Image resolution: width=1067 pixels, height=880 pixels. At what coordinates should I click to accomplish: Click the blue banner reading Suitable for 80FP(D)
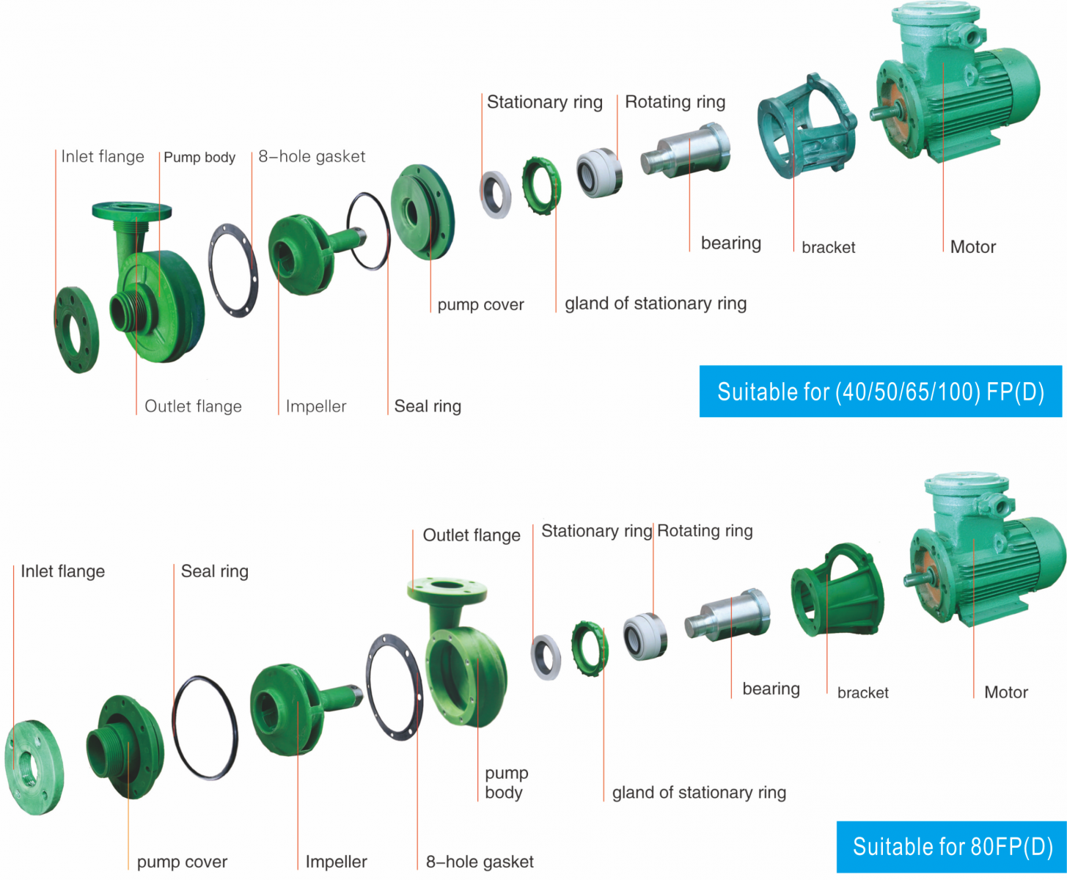click(x=951, y=847)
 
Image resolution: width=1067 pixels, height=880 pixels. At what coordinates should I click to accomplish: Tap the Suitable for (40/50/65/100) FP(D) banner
click(x=880, y=392)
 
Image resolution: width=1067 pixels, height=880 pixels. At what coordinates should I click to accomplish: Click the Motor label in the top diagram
click(x=972, y=247)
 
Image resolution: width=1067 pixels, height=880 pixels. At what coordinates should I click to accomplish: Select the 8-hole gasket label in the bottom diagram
click(x=480, y=862)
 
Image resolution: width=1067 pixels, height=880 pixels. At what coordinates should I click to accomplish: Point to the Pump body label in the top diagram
click(x=199, y=158)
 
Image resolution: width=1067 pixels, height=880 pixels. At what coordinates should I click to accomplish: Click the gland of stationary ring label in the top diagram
click(x=656, y=304)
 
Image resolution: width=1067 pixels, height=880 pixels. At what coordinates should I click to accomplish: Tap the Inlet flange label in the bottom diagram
click(x=62, y=571)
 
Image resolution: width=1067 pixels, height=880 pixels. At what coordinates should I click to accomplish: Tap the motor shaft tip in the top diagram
click(x=875, y=114)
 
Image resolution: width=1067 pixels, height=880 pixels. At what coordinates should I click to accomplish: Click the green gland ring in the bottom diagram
click(x=590, y=648)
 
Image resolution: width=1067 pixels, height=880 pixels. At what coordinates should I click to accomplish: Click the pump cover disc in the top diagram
click(x=421, y=212)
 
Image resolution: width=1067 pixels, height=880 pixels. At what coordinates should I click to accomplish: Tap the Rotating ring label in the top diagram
click(x=675, y=102)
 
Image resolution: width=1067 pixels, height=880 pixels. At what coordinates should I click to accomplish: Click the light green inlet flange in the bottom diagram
click(x=33, y=767)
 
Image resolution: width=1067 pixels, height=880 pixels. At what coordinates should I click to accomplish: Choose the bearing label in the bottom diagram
click(x=771, y=689)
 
